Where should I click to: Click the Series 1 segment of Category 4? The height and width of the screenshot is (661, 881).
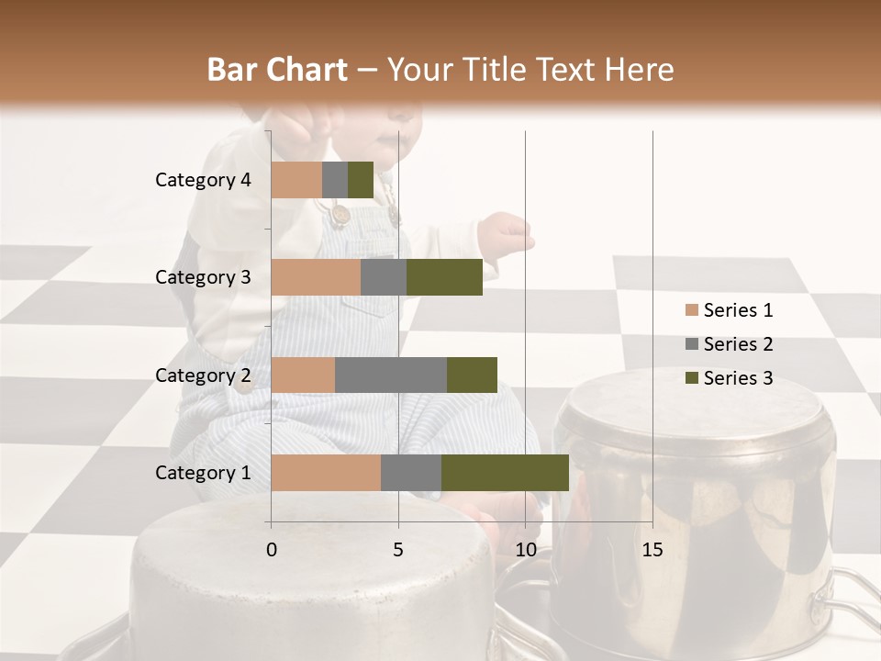296,180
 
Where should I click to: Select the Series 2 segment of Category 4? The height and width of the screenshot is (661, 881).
335,180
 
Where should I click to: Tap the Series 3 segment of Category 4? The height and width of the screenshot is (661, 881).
361,180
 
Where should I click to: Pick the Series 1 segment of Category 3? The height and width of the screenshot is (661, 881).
316,277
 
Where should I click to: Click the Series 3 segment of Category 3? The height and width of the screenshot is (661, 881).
444,277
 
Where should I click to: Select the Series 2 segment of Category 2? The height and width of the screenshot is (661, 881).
391,375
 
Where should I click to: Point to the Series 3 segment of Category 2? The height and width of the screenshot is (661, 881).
472,375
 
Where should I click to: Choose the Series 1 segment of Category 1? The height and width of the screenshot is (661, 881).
326,473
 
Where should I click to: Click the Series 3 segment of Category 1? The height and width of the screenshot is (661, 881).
505,473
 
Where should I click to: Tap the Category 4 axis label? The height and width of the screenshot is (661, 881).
203,180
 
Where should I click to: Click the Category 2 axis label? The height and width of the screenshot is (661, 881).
203,375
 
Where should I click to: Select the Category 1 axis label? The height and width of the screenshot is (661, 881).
203,473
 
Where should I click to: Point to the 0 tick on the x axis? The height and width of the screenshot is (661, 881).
272,550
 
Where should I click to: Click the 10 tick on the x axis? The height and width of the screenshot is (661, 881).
525,550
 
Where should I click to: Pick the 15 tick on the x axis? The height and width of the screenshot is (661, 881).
652,550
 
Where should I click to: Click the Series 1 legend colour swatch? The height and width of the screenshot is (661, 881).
692,310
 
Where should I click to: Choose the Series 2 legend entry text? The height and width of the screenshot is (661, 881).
738,344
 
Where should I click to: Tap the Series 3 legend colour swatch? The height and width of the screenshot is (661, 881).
692,378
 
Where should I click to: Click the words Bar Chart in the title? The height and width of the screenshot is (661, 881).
277,70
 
